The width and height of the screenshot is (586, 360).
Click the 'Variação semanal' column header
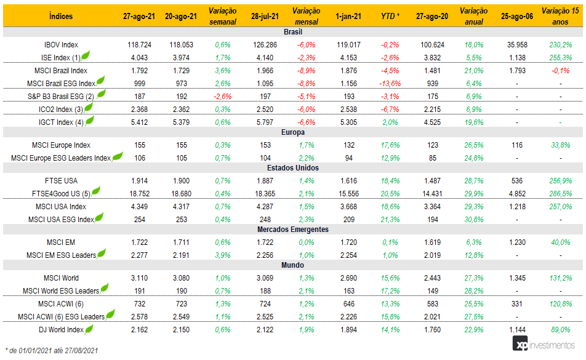click(222, 15)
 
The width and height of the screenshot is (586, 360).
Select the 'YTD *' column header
click(390, 16)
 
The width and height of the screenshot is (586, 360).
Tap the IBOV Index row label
click(61, 45)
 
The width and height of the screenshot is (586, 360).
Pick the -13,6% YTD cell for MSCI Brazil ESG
click(390, 83)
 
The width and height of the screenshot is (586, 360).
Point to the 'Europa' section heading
click(292, 132)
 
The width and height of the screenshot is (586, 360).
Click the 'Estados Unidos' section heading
click(292, 167)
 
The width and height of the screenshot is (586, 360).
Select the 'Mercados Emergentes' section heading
click(292, 230)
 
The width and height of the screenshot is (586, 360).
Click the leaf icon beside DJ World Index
click(89, 329)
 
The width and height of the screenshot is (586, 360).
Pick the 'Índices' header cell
click(61, 16)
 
